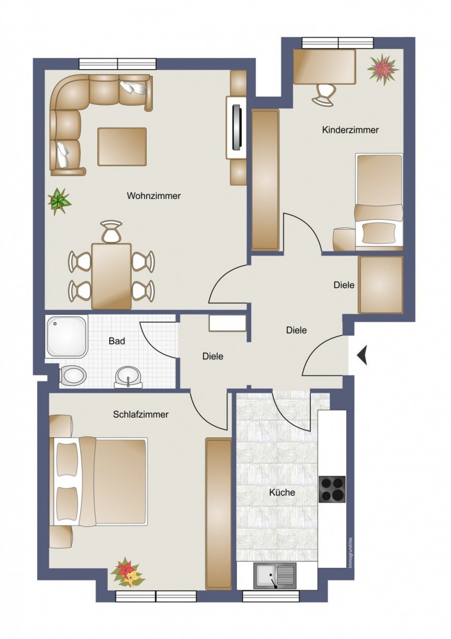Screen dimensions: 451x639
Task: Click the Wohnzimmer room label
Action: (153, 196)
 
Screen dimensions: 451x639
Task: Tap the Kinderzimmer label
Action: (350, 130)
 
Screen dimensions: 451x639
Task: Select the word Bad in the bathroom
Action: (117, 341)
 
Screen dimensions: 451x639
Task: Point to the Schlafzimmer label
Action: (141, 414)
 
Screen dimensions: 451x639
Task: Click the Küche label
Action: (282, 492)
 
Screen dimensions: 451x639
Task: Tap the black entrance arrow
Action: (362, 354)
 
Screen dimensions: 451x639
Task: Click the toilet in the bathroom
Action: (73, 375)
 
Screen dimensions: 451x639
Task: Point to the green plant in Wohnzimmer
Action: (59, 201)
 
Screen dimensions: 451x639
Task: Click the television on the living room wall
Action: (237, 127)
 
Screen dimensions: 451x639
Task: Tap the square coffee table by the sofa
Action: (122, 146)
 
